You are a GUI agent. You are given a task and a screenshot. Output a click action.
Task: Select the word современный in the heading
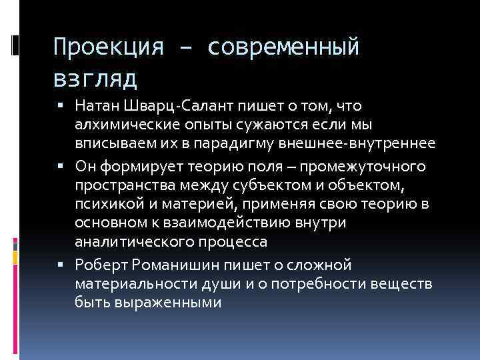click(x=284, y=47)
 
